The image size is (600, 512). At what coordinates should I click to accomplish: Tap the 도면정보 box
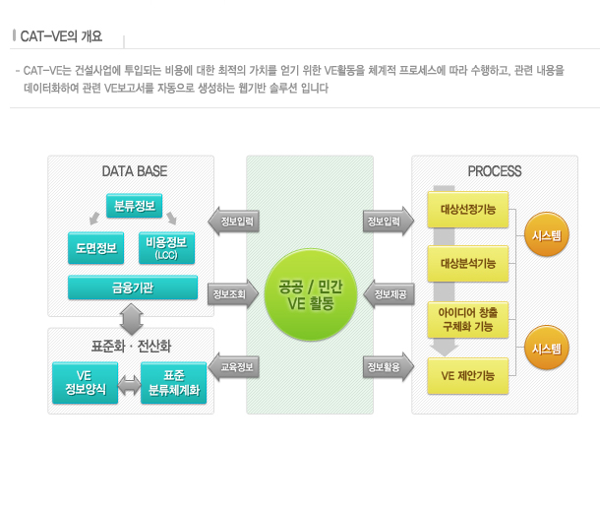(95, 248)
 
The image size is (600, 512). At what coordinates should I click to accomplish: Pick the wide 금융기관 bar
(131, 288)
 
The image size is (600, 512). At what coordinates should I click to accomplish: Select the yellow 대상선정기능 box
(468, 209)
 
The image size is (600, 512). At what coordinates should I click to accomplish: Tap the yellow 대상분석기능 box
(468, 263)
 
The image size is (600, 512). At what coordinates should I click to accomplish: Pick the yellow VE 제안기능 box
(468, 375)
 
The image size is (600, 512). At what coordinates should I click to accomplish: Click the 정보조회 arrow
(229, 292)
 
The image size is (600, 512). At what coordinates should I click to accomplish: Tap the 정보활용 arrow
(385, 367)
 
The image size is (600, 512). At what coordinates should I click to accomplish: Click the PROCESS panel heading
(494, 171)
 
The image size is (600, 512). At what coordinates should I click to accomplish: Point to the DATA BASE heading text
(134, 171)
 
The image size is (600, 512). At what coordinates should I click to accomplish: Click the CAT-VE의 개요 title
(61, 37)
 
